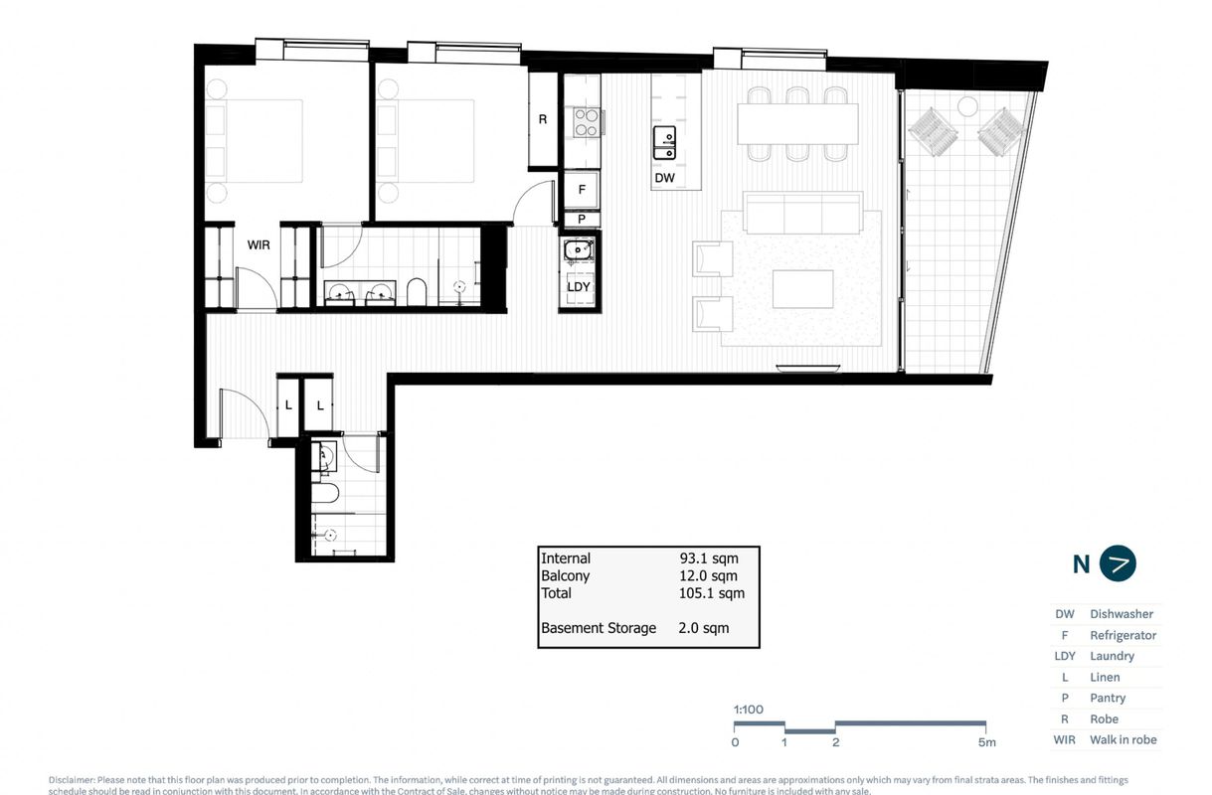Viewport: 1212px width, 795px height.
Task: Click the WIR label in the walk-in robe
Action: [260, 243]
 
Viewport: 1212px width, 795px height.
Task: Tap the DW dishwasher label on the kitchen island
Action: [665, 179]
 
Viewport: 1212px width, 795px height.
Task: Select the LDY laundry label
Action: [579, 287]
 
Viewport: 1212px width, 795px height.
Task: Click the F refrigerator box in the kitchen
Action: [582, 189]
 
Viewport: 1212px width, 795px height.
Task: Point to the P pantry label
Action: [582, 220]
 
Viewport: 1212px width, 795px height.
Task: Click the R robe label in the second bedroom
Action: [543, 119]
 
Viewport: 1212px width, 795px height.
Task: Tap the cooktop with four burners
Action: [586, 122]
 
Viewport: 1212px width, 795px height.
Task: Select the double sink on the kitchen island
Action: [665, 142]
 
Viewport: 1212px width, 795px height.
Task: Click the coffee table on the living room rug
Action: [803, 289]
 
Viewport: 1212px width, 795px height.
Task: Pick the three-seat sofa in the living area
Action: [803, 214]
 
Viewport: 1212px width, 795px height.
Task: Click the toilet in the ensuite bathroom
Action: [417, 291]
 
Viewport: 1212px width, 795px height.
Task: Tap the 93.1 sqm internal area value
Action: [709, 558]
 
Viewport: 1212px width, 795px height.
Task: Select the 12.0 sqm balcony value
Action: [709, 576]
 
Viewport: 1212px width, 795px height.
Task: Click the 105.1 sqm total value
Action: [711, 593]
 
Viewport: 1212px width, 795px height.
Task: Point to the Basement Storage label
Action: [599, 628]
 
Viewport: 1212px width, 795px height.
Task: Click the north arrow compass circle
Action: [1119, 563]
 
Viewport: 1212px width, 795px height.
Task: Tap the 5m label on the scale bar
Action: [986, 742]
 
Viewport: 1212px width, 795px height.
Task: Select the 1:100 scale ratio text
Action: [748, 710]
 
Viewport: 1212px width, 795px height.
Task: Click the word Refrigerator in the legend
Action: [1123, 635]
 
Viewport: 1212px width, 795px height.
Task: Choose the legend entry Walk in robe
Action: [1123, 739]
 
